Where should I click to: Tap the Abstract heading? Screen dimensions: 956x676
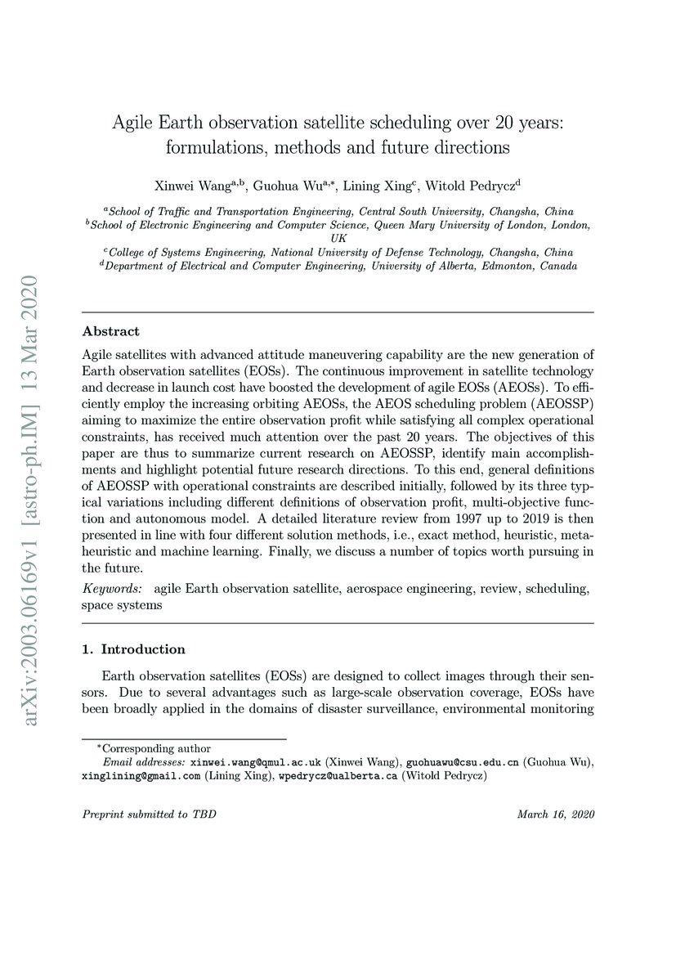point(110,331)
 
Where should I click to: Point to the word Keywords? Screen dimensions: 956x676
point(111,589)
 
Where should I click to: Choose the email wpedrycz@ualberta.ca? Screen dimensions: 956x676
point(335,775)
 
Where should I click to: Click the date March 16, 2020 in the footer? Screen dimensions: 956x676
point(556,815)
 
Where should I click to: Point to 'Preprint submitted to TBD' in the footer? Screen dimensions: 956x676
point(150,815)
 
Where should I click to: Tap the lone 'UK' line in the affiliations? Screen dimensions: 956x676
point(338,238)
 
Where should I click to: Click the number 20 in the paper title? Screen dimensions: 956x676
point(507,123)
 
